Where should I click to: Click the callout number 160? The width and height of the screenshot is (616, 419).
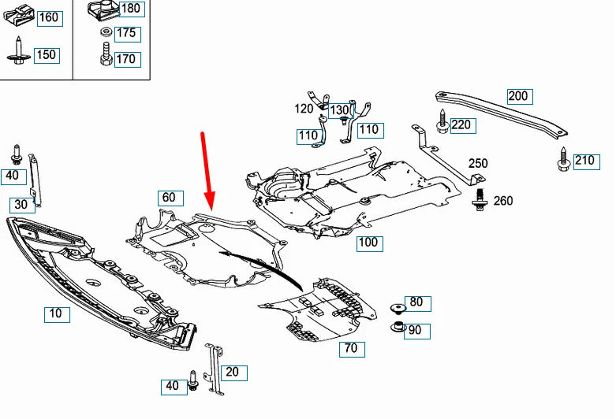(x=48, y=17)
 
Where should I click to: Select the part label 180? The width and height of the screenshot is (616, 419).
(x=130, y=9)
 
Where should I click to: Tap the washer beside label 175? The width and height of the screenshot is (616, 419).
(x=105, y=33)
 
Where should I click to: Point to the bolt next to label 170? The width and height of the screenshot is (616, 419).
(x=104, y=57)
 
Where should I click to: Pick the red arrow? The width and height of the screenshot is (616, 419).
(x=207, y=169)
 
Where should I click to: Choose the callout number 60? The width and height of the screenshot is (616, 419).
(x=170, y=197)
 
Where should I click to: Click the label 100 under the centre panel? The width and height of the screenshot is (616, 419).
(x=368, y=243)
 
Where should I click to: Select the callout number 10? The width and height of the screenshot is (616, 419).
(x=56, y=314)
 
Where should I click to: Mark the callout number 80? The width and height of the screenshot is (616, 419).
(x=416, y=302)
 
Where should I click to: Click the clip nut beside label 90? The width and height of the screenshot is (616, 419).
(x=398, y=327)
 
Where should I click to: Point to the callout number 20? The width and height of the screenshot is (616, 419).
(x=233, y=372)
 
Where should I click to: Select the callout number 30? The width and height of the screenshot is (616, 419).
(x=23, y=204)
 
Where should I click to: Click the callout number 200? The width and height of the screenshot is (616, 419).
(x=518, y=97)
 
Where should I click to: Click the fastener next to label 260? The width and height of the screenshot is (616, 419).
(x=480, y=200)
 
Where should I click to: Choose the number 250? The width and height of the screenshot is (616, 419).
(x=477, y=164)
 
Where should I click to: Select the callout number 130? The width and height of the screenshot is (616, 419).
(x=339, y=110)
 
